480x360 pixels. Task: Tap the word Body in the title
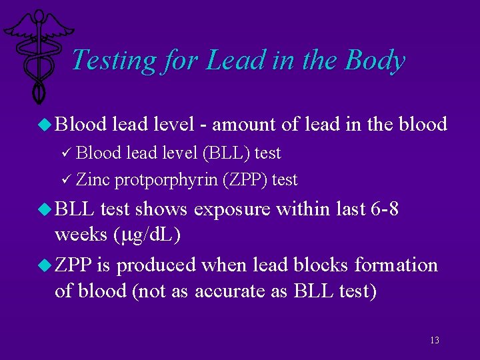pos(375,60)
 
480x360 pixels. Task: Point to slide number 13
pos(435,341)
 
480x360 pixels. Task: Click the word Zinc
pos(93,179)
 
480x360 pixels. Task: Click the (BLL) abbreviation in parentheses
pos(229,153)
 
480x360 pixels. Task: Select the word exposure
pos(232,210)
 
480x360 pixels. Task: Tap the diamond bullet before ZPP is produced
pos(46,265)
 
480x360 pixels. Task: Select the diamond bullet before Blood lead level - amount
pos(46,125)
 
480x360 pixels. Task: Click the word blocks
pos(319,265)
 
